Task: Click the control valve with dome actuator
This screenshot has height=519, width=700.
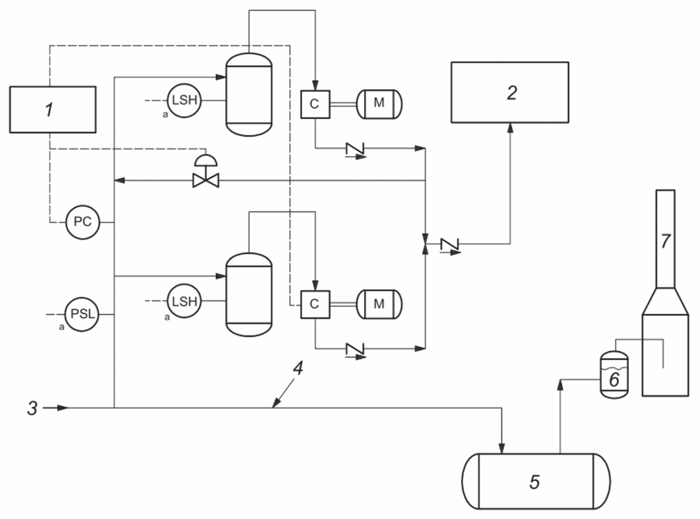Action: point(206,171)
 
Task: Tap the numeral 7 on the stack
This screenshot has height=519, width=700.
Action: point(665,240)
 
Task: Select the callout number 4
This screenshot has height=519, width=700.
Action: point(298,368)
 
